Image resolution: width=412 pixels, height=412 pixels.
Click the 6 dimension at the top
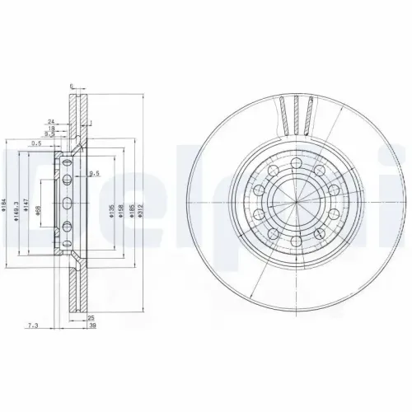click(x=73, y=86)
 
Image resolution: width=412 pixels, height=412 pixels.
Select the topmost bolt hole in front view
click(x=294, y=159)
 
